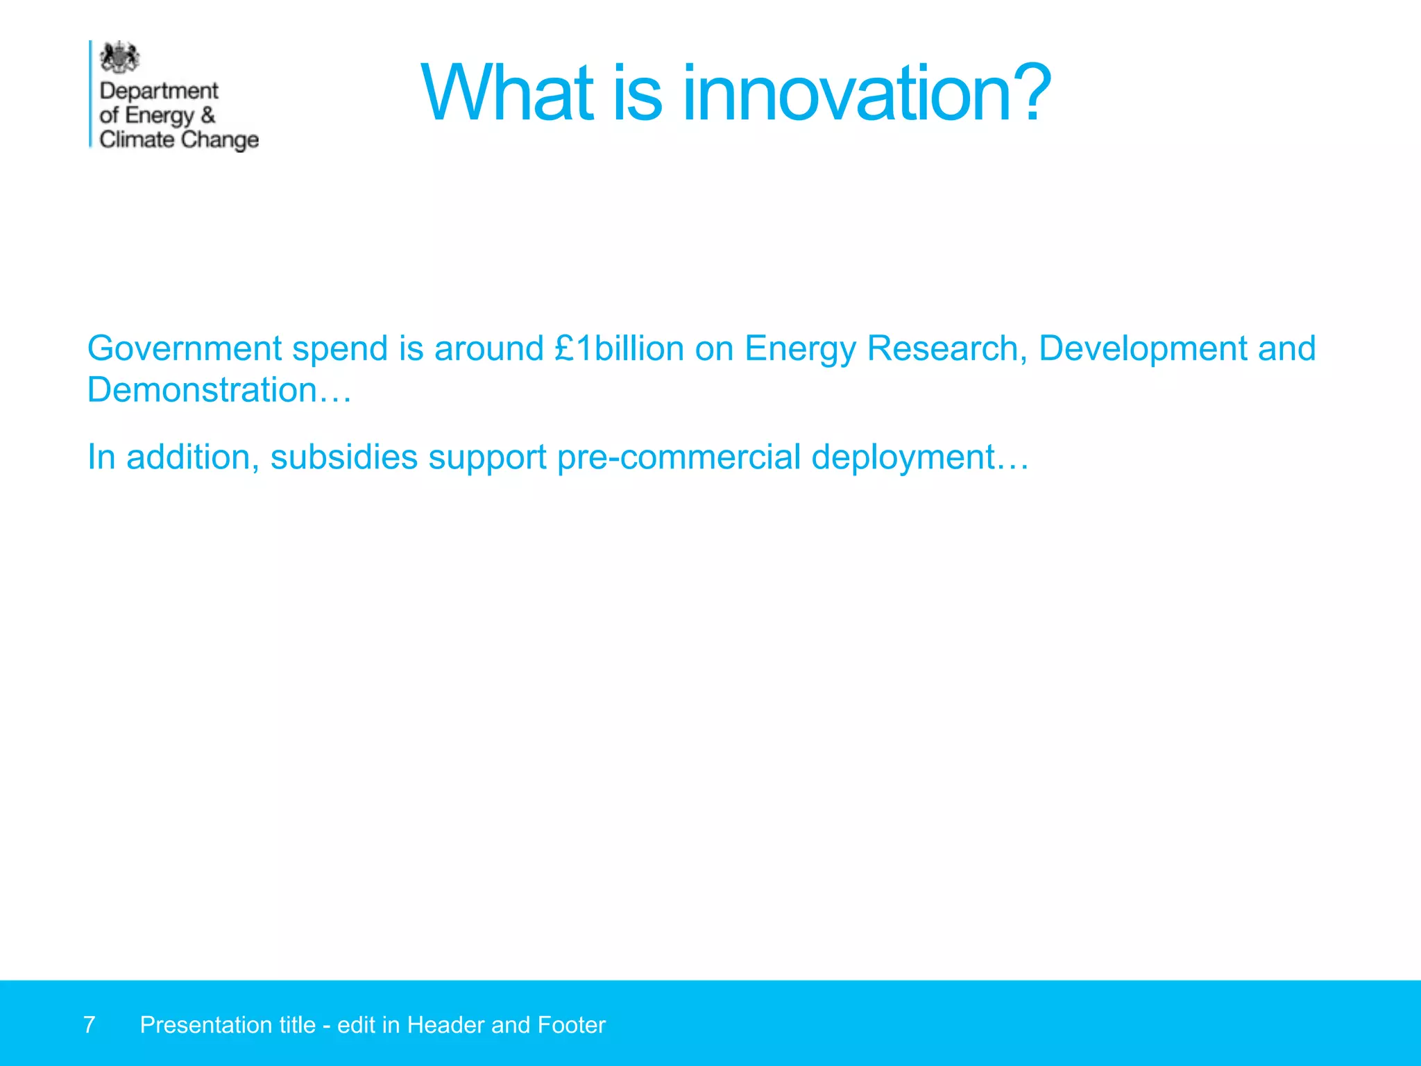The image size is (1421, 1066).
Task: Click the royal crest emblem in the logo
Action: pos(119,58)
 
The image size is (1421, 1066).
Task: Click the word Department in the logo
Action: pos(159,91)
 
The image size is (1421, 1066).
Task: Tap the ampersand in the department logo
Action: pos(208,115)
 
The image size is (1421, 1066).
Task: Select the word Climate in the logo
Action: pos(137,139)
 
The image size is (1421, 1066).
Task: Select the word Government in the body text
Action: pos(184,348)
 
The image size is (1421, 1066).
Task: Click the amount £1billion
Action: pos(619,348)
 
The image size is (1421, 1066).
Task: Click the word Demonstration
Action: pos(202,390)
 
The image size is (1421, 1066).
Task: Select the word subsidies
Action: pos(344,457)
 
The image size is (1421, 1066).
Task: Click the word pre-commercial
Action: pos(679,457)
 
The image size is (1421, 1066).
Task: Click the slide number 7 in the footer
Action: pos(89,1025)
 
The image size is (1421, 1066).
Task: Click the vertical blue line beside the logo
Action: pos(90,94)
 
